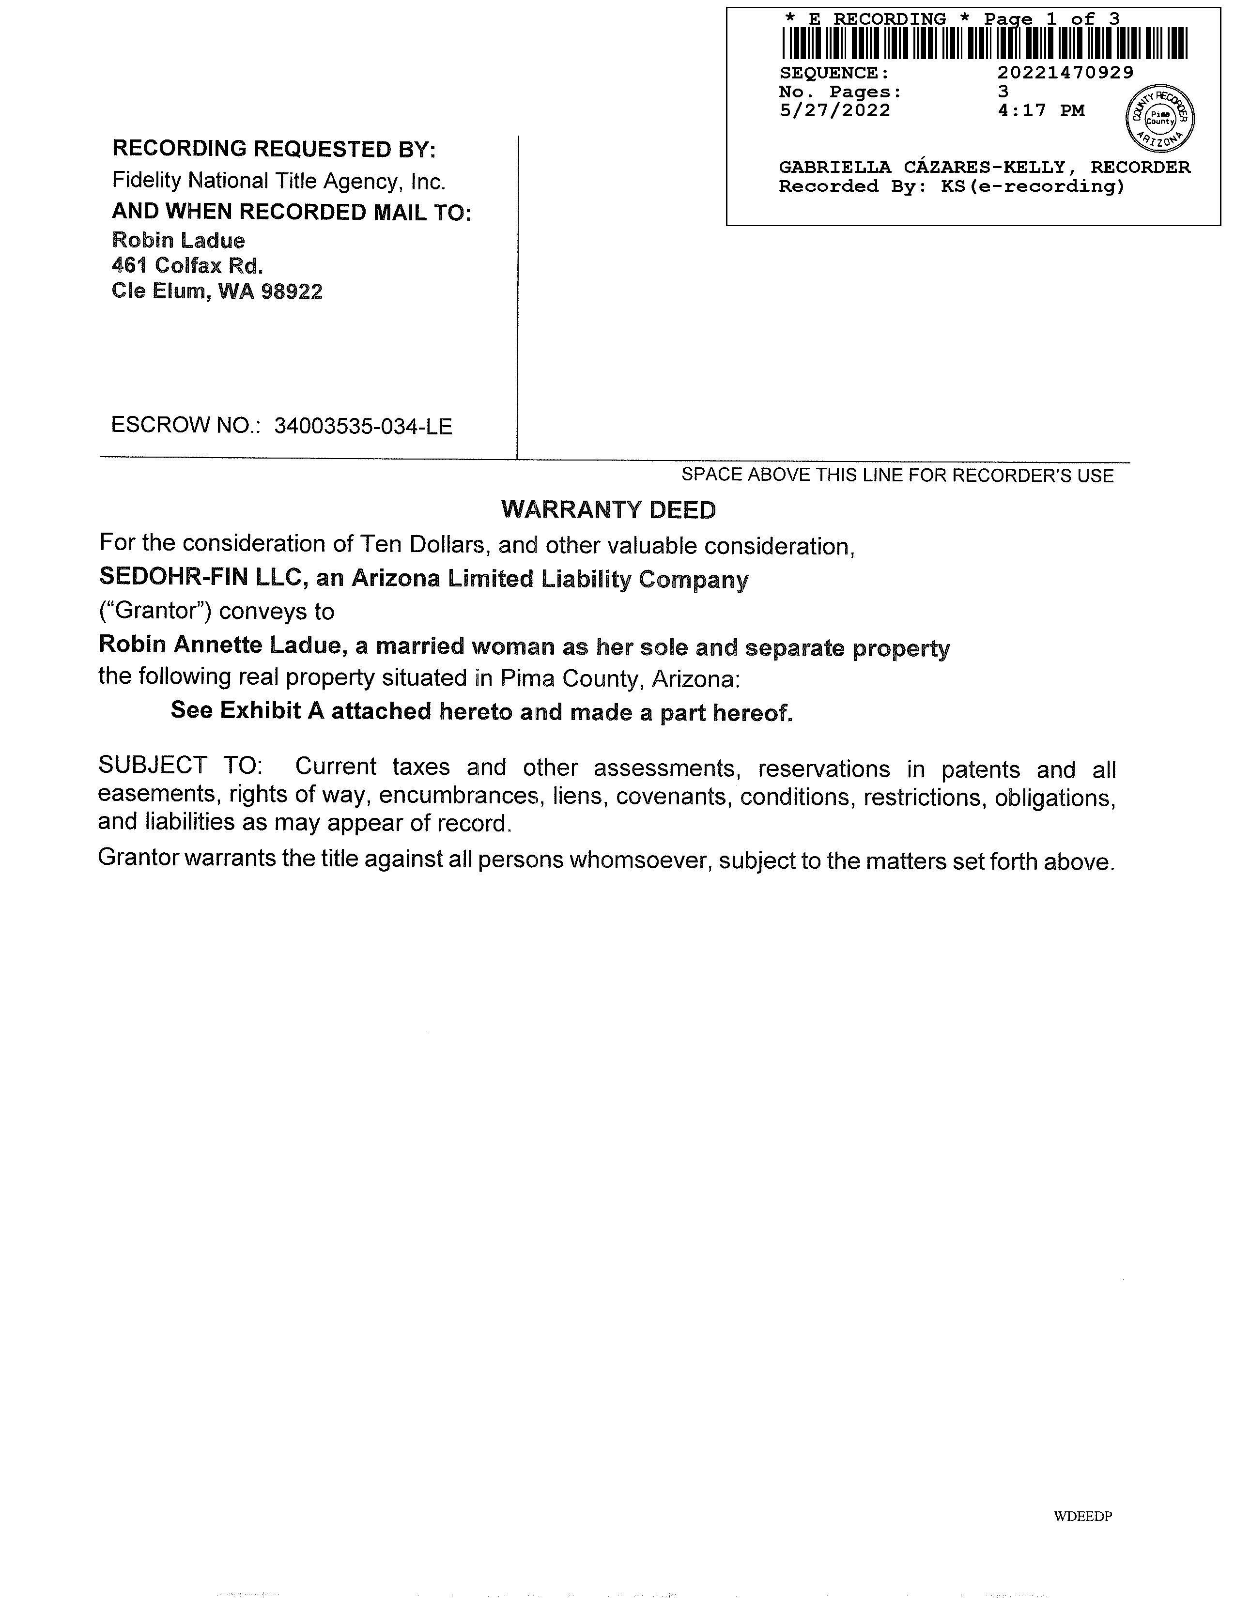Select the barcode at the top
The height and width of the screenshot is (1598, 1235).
click(984, 43)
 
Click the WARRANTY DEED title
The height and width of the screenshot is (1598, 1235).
click(609, 510)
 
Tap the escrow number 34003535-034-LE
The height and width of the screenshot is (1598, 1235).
click(363, 426)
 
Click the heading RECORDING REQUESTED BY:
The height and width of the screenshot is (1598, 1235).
click(274, 149)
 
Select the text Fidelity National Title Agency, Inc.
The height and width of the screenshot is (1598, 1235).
click(278, 181)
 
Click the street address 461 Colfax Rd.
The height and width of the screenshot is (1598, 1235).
click(187, 265)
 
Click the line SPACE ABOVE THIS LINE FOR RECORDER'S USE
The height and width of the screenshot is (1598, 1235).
click(897, 476)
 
